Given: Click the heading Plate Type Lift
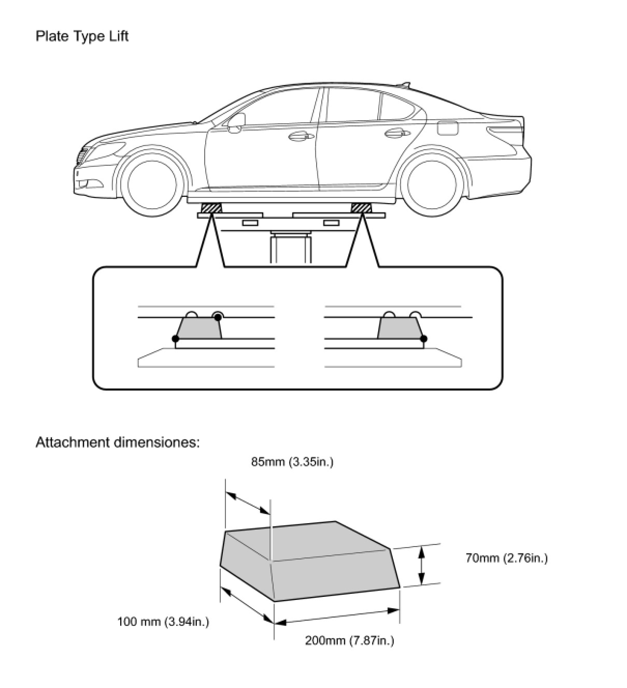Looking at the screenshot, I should tap(82, 36).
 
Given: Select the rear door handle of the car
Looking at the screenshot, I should tap(394, 133).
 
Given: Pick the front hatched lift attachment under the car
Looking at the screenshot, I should tap(211, 208).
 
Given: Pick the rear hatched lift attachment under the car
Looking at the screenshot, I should tap(361, 208).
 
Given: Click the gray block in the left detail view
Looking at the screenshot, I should tap(199, 328).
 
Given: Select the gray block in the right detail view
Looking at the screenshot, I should tap(400, 328).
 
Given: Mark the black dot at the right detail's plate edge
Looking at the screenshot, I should tap(424, 339).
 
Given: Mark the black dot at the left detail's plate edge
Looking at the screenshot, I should tap(175, 339).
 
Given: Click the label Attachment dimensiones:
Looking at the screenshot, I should tap(118, 442).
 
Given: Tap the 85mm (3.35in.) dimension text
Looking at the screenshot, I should tap(292, 462).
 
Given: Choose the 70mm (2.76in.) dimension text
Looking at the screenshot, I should tap(506, 558).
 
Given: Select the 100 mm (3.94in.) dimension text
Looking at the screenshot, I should tap(163, 622).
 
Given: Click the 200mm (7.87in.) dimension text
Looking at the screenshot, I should tap(349, 640).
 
